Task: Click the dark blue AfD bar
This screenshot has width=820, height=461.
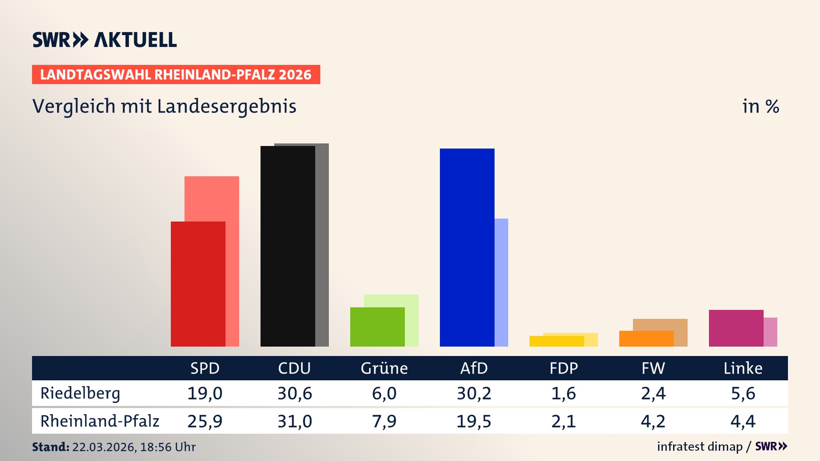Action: [467, 248]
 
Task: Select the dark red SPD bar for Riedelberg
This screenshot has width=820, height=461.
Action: [198, 284]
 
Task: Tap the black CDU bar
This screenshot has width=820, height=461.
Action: [287, 246]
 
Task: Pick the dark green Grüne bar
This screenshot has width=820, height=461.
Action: [377, 327]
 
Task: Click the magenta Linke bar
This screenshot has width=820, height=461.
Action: [736, 328]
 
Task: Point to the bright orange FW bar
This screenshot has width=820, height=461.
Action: [646, 339]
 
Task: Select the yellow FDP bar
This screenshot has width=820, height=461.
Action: [556, 341]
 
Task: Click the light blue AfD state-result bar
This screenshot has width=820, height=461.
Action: [501, 282]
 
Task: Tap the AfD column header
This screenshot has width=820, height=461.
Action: [474, 368]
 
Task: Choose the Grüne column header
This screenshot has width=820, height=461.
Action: [384, 368]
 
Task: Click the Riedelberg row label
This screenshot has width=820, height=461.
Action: [80, 394]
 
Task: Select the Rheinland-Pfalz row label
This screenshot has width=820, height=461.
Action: [100, 421]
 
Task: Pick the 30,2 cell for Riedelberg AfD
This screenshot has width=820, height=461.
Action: [474, 394]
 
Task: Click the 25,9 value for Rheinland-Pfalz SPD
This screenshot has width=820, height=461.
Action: [205, 421]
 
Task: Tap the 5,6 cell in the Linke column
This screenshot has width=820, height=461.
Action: [743, 394]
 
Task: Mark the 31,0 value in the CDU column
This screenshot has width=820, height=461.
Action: [295, 421]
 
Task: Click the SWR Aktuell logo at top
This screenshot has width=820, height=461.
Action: [105, 40]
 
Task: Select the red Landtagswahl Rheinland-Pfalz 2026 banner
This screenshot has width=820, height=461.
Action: [176, 75]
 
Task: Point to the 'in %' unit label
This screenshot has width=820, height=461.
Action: [761, 107]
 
